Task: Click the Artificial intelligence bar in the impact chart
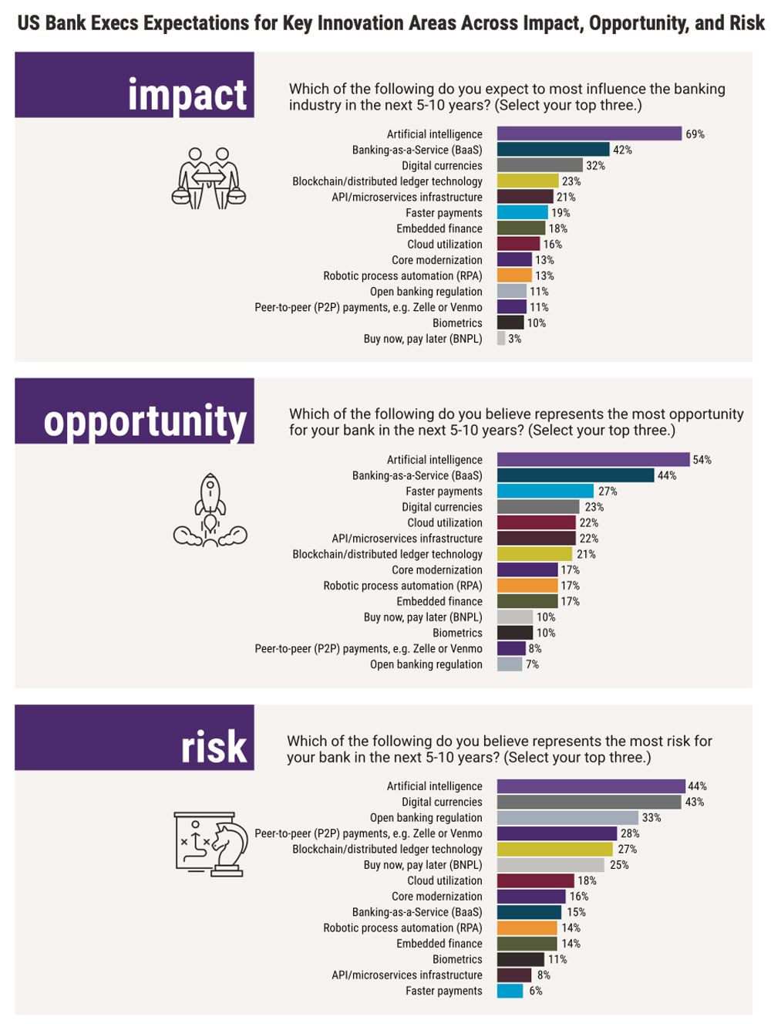coord(589,134)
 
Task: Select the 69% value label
coord(695,134)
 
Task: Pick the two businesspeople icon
coord(208,178)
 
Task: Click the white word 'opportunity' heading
coord(145,421)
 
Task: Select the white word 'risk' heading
coord(214,747)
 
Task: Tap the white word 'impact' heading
coord(187,95)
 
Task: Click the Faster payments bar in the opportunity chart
coord(545,492)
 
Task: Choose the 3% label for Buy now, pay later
coord(514,339)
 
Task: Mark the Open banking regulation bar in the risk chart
coord(567,818)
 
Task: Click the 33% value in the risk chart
coord(651,818)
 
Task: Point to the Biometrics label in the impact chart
coord(457,323)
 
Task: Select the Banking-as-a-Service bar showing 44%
coord(575,476)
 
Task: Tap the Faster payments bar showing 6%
coord(510,992)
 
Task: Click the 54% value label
coord(702,460)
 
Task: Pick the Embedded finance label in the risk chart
coord(439,944)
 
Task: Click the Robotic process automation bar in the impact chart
coord(514,276)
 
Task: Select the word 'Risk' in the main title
coord(746,23)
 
